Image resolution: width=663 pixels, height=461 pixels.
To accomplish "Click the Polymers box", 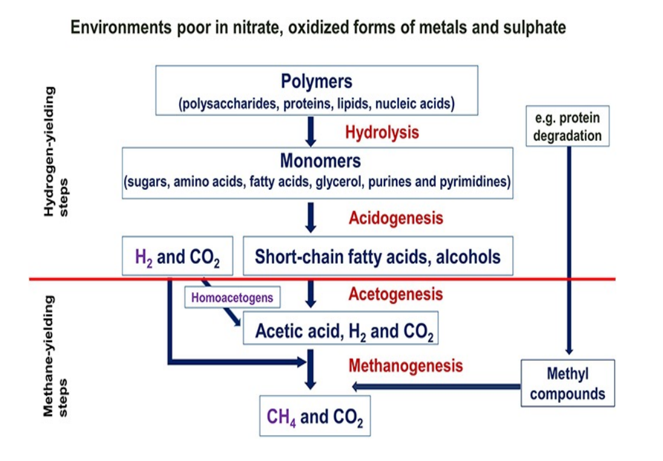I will tap(316, 90).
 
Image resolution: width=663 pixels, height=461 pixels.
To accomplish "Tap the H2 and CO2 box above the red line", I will tap(177, 257).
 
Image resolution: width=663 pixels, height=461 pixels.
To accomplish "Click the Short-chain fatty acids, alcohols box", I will tap(378, 257).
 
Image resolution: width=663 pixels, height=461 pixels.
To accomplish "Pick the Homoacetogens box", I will tap(233, 297).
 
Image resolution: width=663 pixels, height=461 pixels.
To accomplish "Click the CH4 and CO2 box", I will tap(314, 416).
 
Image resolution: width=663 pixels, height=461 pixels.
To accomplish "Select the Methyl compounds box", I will tap(567, 384).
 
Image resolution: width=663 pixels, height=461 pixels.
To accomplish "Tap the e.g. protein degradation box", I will tap(567, 126).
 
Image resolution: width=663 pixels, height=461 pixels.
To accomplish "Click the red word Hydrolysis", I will tap(382, 132).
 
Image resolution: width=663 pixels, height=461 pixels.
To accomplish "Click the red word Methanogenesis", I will tap(406, 365).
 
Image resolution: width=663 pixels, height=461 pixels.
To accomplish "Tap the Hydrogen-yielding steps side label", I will tap(57, 151).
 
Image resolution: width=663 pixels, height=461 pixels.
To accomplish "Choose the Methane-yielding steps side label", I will tap(57, 357).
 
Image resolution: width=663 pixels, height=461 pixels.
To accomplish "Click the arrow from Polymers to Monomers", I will tap(311, 130).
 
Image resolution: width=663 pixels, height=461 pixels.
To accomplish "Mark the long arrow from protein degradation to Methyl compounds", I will tap(569, 248).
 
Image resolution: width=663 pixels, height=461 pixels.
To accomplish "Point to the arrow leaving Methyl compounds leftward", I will tap(436, 386).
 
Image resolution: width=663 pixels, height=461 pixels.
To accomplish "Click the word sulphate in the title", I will tap(536, 27).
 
